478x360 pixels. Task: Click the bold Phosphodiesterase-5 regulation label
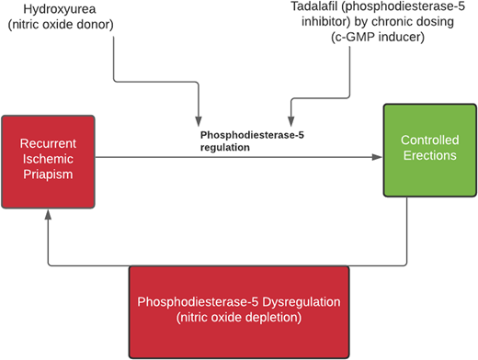coord(241,140)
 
